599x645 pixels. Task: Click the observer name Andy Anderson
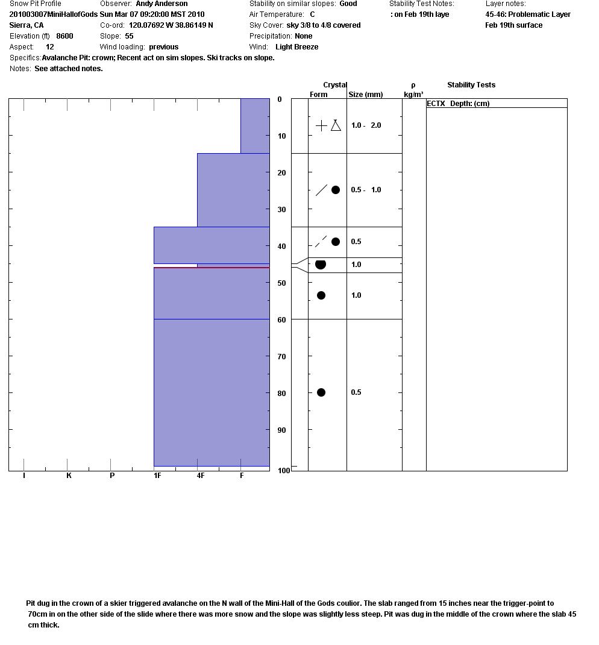162,4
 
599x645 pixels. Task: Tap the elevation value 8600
64,36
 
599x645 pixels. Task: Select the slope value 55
129,36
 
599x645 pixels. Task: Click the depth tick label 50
281,283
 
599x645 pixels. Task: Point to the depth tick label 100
284,470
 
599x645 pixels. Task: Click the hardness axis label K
69,476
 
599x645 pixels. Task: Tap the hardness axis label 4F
200,476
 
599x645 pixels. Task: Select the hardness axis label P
112,476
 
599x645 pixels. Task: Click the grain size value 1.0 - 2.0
366,125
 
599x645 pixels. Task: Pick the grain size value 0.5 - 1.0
366,190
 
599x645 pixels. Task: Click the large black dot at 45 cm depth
321,265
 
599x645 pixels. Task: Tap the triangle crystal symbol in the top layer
336,125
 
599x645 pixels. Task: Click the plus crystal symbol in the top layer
321,125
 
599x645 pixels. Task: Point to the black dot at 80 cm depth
321,392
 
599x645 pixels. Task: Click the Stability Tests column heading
471,85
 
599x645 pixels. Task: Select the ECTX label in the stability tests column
436,104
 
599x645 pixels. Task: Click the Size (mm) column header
365,95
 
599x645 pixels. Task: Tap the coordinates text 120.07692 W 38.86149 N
171,25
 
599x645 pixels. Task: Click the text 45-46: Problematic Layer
528,14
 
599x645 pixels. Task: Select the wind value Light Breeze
296,47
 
